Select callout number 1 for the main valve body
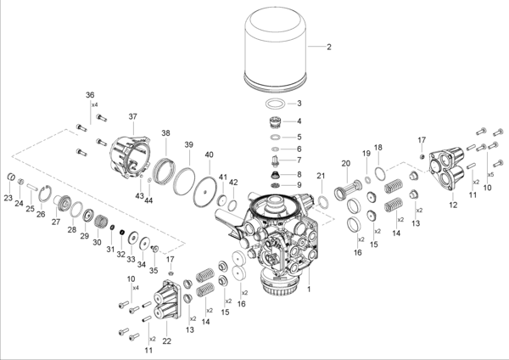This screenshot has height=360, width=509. [310, 289]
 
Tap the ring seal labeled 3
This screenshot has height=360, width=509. [273, 104]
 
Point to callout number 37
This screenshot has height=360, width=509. [133, 115]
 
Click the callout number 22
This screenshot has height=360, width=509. [166, 340]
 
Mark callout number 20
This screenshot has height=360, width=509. [345, 163]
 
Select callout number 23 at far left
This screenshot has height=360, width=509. [8, 198]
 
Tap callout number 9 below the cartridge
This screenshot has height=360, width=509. [298, 185]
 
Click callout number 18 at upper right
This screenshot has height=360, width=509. [378, 147]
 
